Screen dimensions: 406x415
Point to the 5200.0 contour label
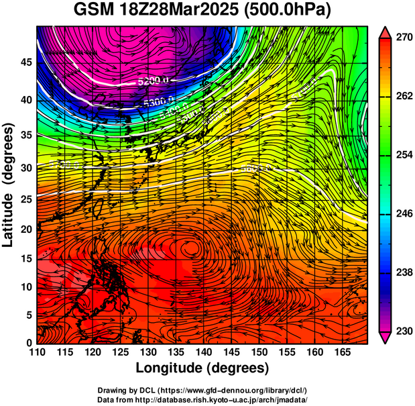[152, 81]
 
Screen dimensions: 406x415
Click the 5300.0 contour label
[158, 101]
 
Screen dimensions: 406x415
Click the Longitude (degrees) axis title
[202, 368]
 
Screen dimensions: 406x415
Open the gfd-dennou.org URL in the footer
[229, 390]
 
